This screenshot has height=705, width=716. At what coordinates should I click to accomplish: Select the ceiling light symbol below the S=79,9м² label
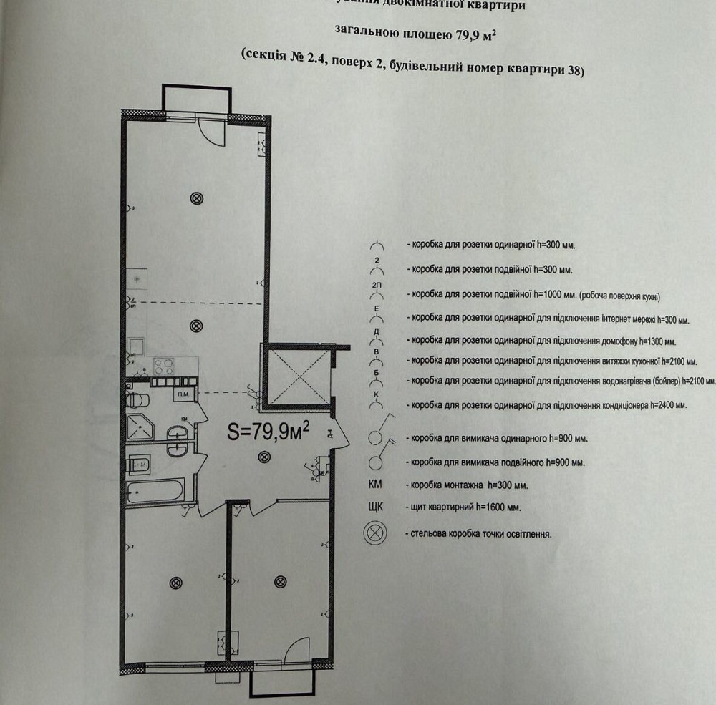pos(266,456)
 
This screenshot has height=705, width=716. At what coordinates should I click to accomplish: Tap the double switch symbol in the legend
pos(377,457)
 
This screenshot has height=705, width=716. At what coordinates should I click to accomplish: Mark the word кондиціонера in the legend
pos(612,405)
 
